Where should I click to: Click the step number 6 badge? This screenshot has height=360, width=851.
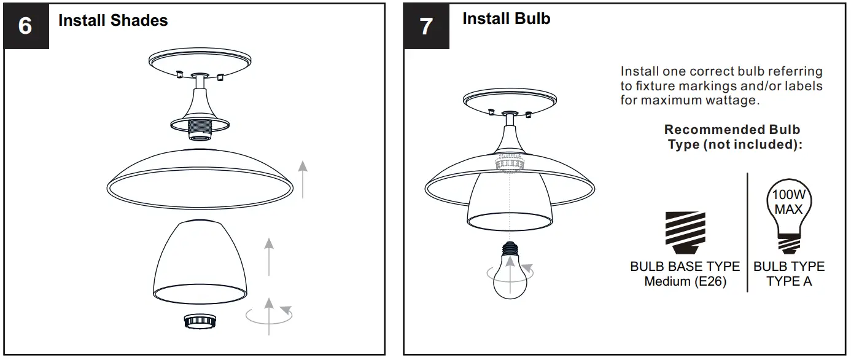click(x=25, y=26)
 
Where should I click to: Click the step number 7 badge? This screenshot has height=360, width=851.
click(x=426, y=26)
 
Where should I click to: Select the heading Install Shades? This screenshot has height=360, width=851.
click(x=113, y=20)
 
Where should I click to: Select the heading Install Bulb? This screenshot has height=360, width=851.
click(x=506, y=19)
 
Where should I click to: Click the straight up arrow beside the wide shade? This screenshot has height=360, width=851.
click(x=303, y=178)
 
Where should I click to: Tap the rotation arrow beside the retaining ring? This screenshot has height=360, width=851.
click(x=270, y=315)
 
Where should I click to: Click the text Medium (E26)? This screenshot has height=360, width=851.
click(x=685, y=282)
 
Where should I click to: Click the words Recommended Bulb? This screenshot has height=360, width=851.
click(x=732, y=130)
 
